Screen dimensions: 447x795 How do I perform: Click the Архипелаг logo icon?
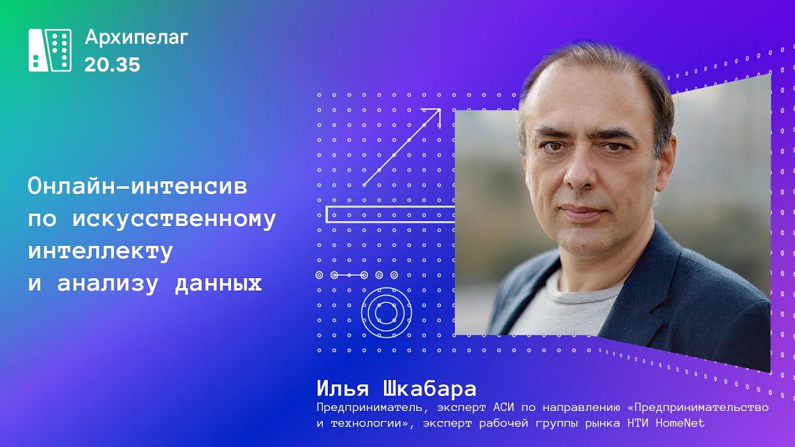click(50, 50)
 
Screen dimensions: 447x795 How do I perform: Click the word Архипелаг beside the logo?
click(136, 38)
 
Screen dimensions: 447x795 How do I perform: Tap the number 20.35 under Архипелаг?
click(112, 65)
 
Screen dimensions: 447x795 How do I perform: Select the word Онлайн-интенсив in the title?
click(137, 187)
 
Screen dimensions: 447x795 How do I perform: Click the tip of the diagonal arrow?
click(439, 111)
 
